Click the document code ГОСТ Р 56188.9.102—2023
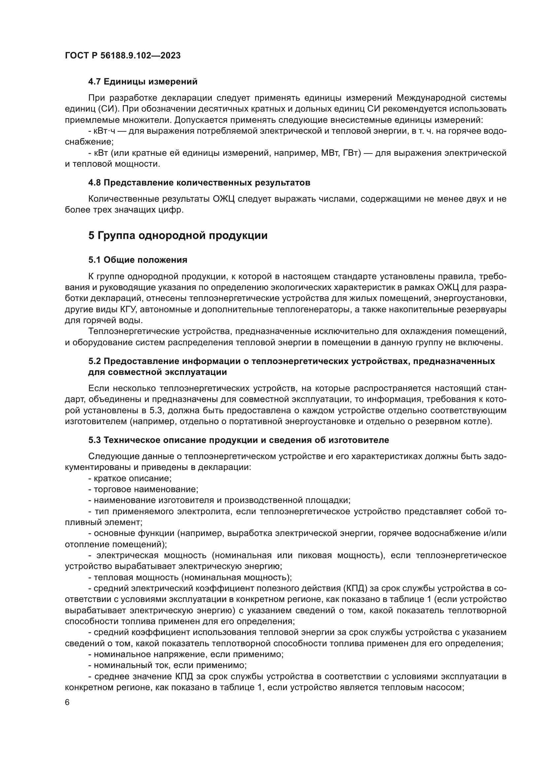123,55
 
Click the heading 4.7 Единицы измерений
143,82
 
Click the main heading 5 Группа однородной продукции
178,236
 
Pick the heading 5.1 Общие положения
138,260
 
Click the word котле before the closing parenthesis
479,421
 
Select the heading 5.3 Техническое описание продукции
238,440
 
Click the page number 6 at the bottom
67,703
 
